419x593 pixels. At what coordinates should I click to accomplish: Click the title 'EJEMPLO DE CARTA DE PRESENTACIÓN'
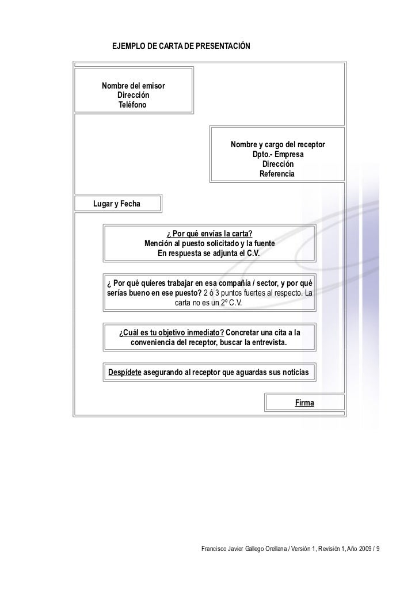pyautogui.click(x=181, y=45)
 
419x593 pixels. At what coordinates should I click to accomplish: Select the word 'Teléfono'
pyautogui.click(x=132, y=106)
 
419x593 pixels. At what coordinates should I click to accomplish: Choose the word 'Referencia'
pyautogui.click(x=277, y=174)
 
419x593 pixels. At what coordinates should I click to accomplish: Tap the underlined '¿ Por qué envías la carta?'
pyautogui.click(x=209, y=234)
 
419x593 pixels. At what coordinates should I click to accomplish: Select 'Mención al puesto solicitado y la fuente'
pyautogui.click(x=209, y=243)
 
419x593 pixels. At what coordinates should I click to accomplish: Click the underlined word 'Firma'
pyautogui.click(x=304, y=403)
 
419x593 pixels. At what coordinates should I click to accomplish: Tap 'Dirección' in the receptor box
pyautogui.click(x=278, y=164)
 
